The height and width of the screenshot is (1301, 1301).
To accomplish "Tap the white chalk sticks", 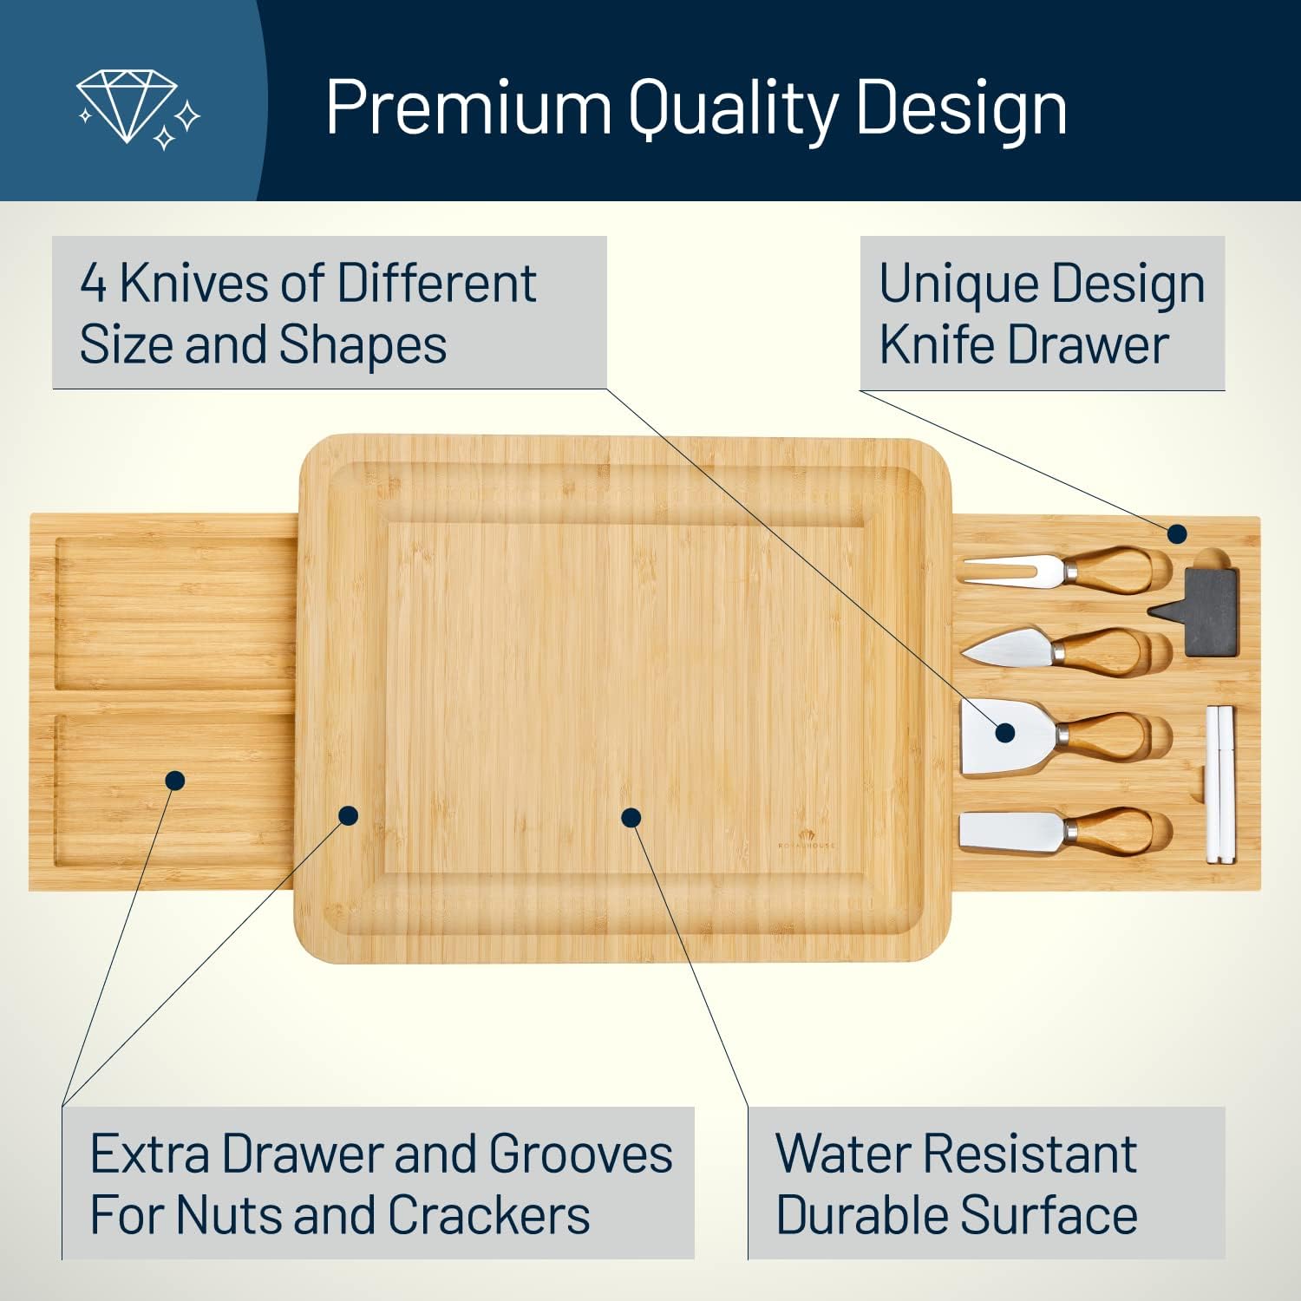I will pyautogui.click(x=1219, y=784).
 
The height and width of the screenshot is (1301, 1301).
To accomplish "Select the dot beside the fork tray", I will pyautogui.click(x=1176, y=533).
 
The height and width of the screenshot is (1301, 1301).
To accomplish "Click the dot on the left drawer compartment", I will pyautogui.click(x=175, y=781).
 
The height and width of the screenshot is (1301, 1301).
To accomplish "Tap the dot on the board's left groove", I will pyautogui.click(x=349, y=815).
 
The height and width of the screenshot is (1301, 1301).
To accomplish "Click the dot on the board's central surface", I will pyautogui.click(x=631, y=817).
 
